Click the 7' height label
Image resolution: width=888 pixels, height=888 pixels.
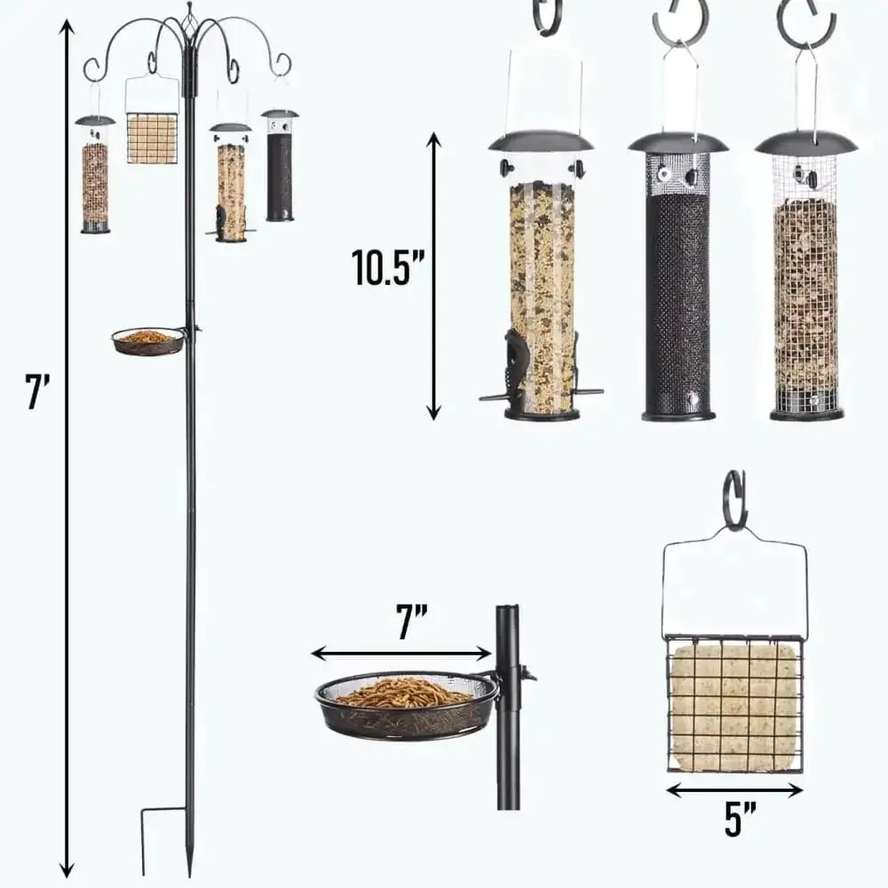37,392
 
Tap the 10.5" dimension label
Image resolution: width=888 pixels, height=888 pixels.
381,266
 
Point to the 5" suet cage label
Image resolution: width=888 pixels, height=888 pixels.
733,819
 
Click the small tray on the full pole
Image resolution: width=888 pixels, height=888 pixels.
147,341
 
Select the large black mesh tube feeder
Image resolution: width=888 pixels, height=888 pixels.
678,293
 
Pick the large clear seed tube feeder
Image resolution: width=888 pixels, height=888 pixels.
542,293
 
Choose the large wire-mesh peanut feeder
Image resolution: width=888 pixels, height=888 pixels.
805,293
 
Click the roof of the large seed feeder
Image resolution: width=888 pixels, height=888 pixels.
541,141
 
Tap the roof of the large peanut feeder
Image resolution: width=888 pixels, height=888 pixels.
806,142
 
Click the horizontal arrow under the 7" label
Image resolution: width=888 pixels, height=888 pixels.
401,654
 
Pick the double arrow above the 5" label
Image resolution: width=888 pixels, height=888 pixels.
734,789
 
